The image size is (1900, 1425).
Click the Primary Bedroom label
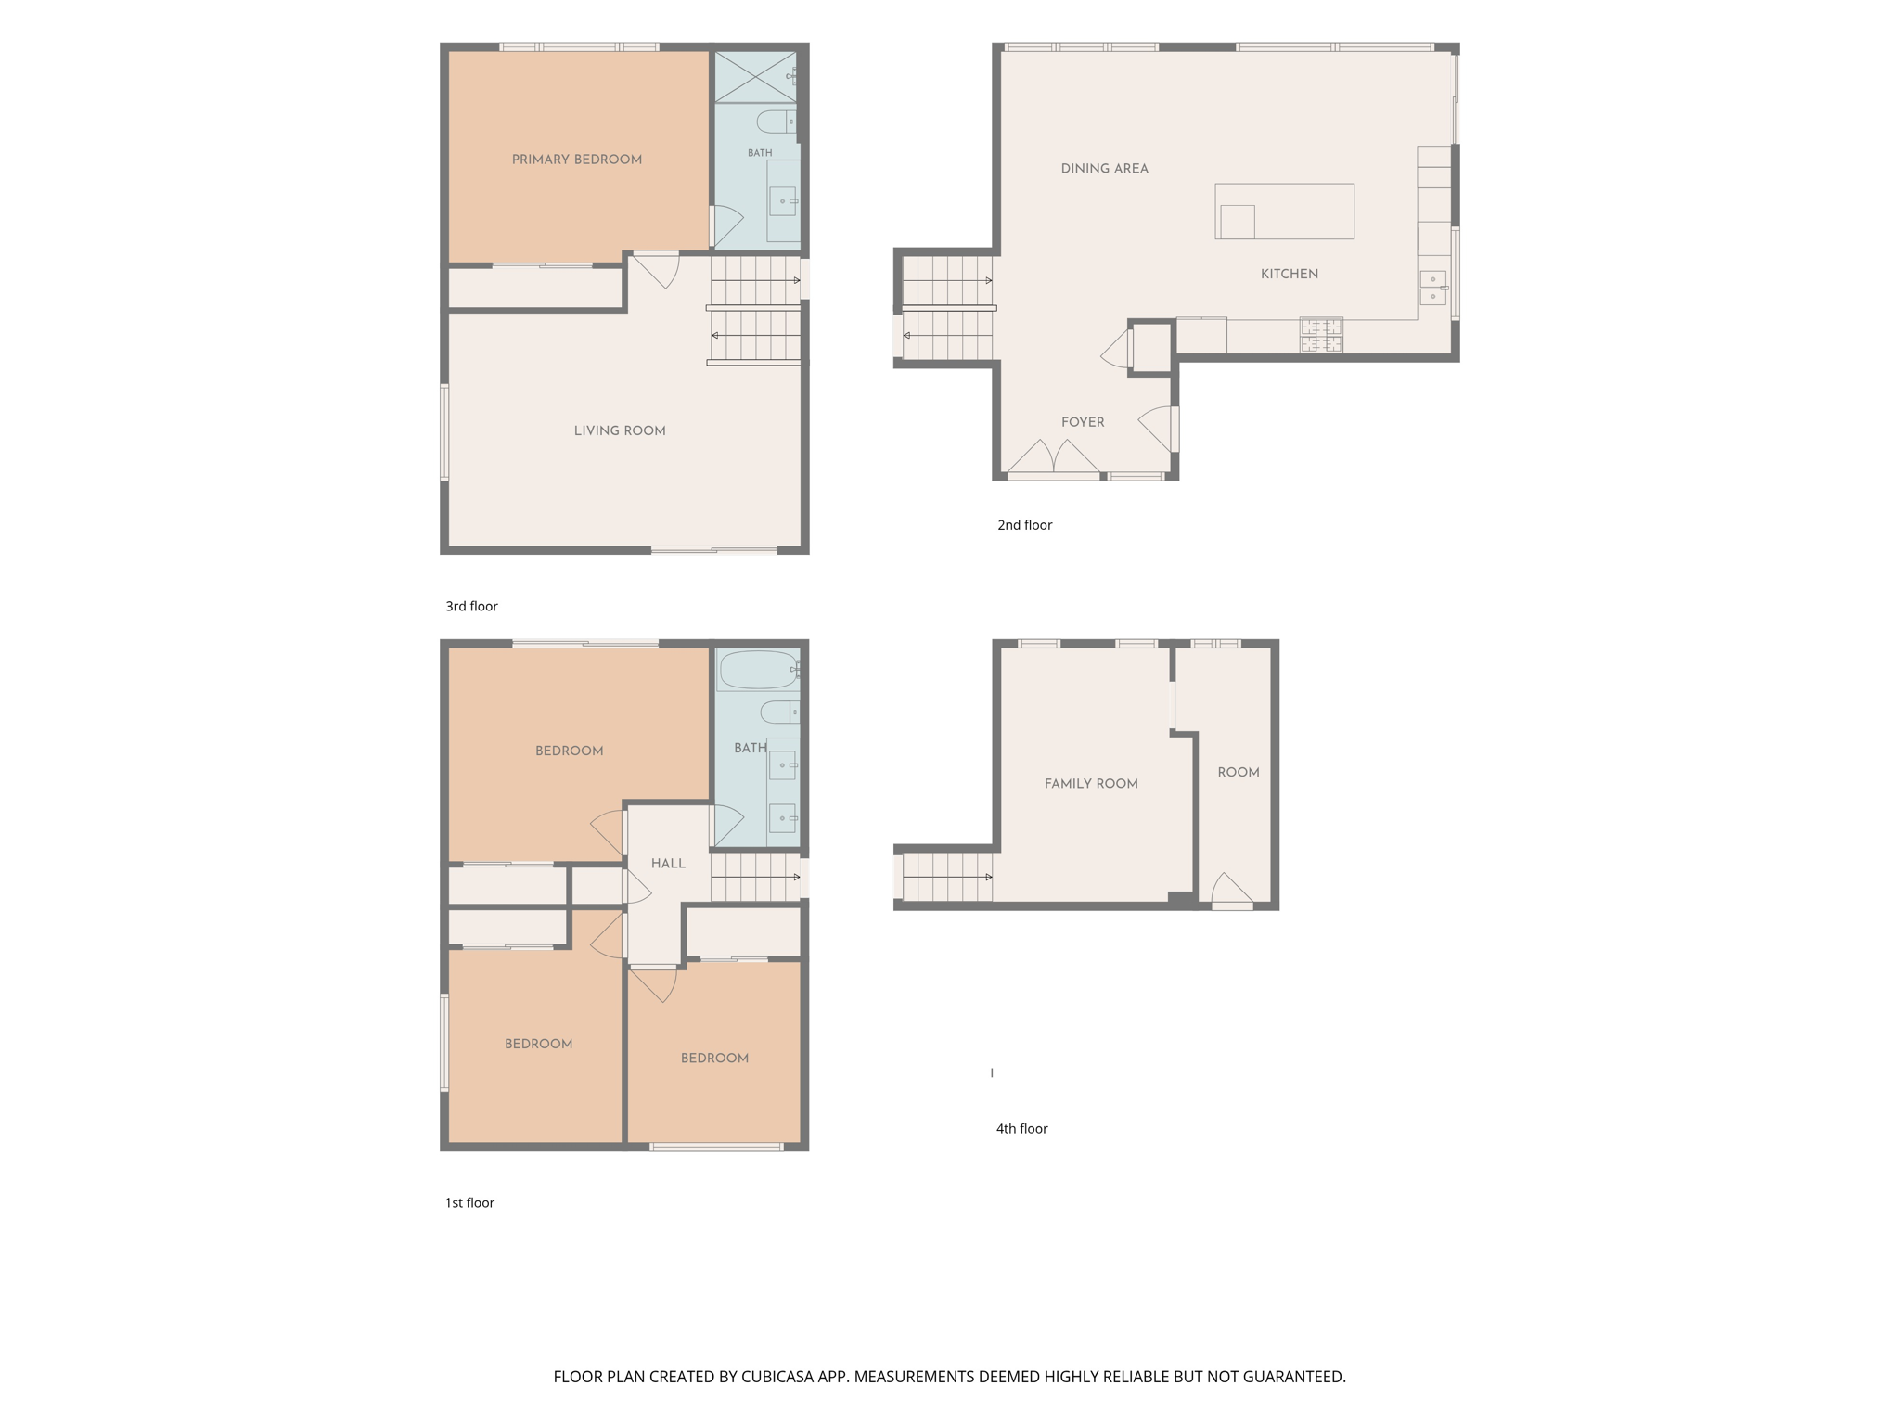(x=577, y=160)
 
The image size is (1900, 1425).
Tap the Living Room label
(x=620, y=430)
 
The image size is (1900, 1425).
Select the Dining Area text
(x=1105, y=169)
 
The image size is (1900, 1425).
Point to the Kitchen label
(x=1290, y=274)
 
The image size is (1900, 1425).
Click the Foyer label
(x=1083, y=422)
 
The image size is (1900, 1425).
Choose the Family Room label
(x=1091, y=784)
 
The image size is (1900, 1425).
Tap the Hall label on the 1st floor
(x=668, y=864)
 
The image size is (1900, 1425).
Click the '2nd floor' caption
(x=1025, y=525)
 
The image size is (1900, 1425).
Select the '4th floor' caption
(x=1022, y=1129)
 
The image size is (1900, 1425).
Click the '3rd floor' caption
(x=472, y=607)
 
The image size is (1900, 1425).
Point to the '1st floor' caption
(x=469, y=1203)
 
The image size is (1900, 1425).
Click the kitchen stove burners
(x=1321, y=336)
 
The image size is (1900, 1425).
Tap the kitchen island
(x=1285, y=212)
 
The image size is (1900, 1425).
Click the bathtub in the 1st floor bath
(x=759, y=670)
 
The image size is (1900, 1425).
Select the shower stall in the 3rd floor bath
(x=755, y=77)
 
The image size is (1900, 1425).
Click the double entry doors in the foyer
(x=1054, y=456)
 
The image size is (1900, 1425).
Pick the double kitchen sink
(x=1433, y=288)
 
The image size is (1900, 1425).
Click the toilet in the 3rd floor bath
(x=777, y=122)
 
